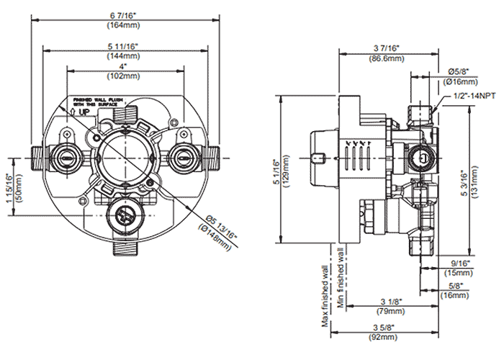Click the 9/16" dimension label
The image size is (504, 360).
pos(459,264)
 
